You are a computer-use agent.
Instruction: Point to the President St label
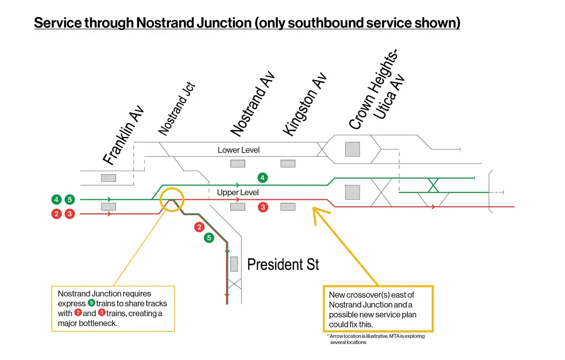click(x=283, y=265)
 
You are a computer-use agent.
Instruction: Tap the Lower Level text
click(x=239, y=150)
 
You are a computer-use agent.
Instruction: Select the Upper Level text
click(x=238, y=193)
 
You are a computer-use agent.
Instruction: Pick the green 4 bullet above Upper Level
click(x=263, y=178)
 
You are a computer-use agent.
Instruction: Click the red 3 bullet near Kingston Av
click(x=263, y=207)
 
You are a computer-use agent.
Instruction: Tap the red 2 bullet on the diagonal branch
click(x=199, y=227)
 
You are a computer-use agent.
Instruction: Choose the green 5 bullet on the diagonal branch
click(x=209, y=238)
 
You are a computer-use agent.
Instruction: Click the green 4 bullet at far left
click(x=57, y=199)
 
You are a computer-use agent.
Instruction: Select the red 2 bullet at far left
click(x=57, y=214)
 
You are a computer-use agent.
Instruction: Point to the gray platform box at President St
click(x=234, y=264)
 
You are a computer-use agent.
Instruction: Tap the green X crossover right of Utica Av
click(x=433, y=185)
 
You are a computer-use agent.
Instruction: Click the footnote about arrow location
click(x=376, y=339)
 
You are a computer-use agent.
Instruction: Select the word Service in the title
click(x=58, y=22)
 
